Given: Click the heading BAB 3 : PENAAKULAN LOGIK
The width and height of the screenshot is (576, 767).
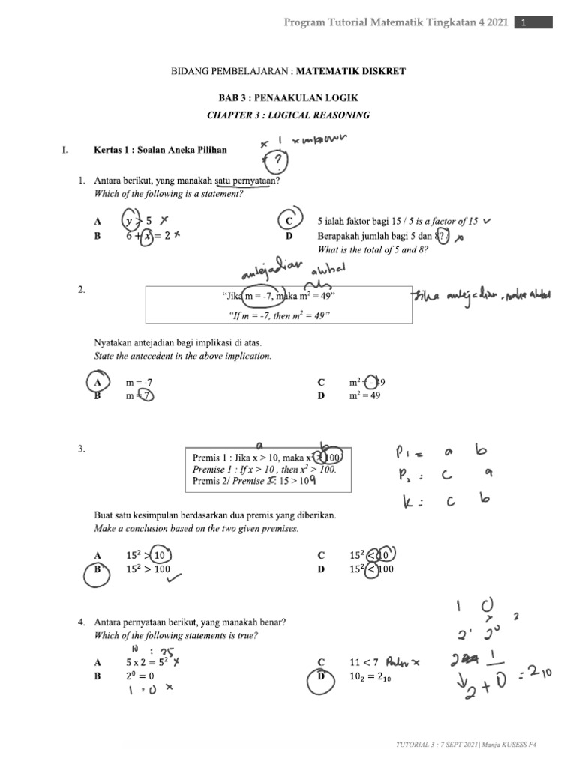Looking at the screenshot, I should (288, 98).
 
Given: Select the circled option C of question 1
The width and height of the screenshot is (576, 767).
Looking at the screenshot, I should (288, 221).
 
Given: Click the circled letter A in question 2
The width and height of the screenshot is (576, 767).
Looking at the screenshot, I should (97, 382).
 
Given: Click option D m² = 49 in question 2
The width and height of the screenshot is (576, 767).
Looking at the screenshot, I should (364, 395).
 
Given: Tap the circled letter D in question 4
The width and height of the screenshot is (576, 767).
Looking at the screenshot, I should (321, 676).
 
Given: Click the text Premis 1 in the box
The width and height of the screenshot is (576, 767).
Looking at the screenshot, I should (208, 457).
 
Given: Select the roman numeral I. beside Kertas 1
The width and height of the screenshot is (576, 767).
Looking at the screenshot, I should (66, 150).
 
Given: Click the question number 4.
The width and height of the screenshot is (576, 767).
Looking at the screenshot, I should (80, 622).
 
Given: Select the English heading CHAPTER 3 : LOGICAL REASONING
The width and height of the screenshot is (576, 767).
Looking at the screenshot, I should (288, 115).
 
